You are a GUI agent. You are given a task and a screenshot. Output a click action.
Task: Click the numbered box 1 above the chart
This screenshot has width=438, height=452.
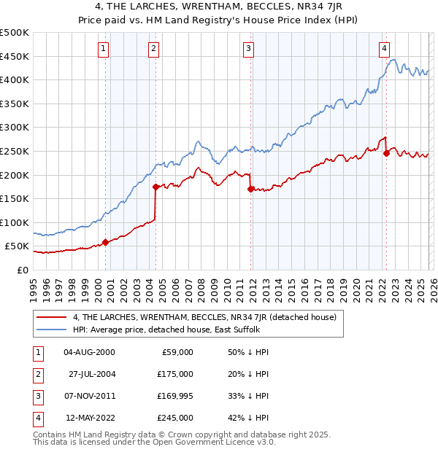click(103, 49)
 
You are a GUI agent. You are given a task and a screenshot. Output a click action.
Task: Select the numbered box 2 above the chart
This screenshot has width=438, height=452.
click(154, 49)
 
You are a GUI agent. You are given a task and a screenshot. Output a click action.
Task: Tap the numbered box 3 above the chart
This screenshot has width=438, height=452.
click(248, 49)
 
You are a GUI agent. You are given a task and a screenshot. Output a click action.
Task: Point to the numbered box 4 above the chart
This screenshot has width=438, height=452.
click(384, 49)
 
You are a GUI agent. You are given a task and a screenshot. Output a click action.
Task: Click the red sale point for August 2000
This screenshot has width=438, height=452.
click(105, 242)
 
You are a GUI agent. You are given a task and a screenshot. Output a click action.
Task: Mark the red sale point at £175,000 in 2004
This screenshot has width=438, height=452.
click(155, 187)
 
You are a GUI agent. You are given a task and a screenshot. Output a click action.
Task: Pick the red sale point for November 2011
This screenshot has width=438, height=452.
click(250, 189)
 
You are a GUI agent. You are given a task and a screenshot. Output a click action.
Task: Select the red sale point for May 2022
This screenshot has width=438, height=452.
click(386, 153)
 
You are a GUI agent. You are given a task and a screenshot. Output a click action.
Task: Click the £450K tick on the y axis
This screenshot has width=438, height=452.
click(15, 56)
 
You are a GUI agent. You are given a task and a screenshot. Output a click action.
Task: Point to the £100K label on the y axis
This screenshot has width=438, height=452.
click(15, 222)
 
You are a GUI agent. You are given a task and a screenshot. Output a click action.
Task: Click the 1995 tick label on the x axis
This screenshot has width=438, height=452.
click(33, 285)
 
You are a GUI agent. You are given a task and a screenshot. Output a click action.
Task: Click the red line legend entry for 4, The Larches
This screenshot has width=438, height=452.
click(204, 317)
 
